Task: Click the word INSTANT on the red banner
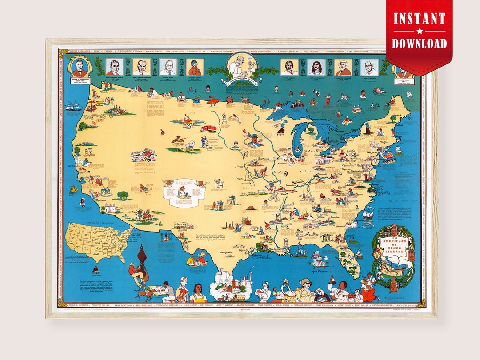pos(419,19)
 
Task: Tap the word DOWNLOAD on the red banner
pos(419,43)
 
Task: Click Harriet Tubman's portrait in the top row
pos(195,67)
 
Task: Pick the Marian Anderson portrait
pos(316,67)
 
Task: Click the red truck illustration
pos(208,128)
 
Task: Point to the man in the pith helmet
pos(306,289)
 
